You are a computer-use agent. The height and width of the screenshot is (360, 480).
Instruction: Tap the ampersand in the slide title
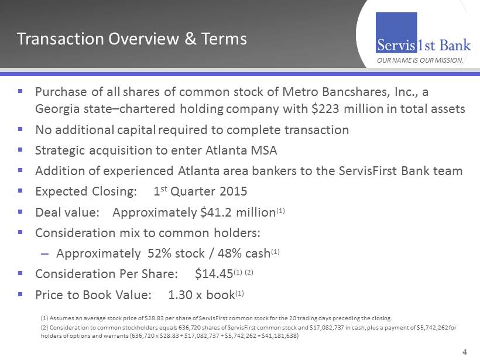pos(190,39)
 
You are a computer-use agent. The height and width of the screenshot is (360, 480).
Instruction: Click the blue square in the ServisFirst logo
pos(396,32)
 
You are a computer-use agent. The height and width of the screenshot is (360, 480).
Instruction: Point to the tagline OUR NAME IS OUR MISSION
pos(420,60)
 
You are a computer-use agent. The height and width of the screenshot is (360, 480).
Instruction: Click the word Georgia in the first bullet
pos(57,109)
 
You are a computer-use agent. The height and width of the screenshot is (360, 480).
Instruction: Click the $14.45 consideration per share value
pos(214,274)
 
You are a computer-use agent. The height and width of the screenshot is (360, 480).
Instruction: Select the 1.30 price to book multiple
pos(180,295)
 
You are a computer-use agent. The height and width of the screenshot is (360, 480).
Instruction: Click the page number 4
pos(465,352)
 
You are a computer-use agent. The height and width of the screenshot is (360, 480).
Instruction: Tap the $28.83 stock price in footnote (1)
pos(152,318)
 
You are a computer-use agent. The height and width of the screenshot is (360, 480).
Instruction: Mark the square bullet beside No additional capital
pos(20,129)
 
